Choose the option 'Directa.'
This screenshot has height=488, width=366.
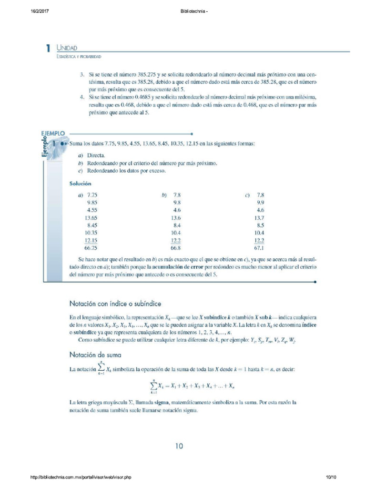point(96,156)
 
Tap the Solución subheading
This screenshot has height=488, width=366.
point(81,183)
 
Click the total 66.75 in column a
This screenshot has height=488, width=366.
point(91,248)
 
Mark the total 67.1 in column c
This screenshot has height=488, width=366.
point(260,248)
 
